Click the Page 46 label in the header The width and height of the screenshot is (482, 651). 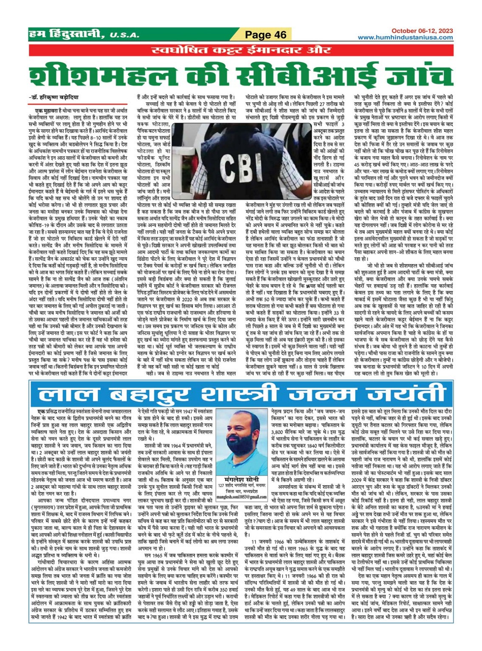click(266, 34)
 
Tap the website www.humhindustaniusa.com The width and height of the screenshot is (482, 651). click(405, 37)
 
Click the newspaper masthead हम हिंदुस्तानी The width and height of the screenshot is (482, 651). click(66, 34)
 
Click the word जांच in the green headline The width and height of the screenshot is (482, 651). click(403, 77)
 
